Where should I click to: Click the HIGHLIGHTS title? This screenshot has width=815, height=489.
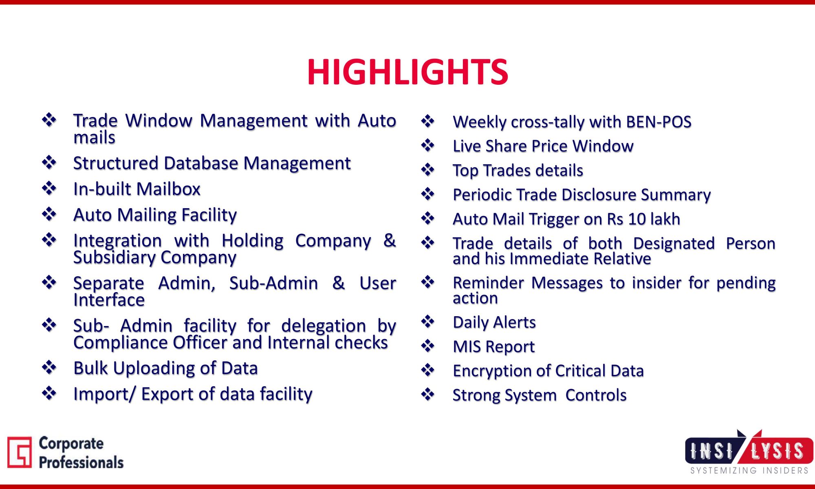click(x=407, y=72)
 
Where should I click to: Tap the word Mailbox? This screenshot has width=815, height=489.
click(x=168, y=189)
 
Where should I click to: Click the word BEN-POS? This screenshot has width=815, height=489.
click(x=659, y=122)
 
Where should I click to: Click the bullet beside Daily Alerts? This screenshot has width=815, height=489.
click(x=428, y=322)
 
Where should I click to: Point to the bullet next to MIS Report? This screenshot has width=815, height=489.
click(x=428, y=346)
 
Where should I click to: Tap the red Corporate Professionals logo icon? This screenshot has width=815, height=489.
click(x=19, y=452)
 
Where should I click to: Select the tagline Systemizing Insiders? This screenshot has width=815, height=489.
click(x=749, y=471)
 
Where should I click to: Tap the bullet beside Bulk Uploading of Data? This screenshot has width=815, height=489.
click(x=49, y=367)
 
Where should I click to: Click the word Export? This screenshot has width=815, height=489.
click(x=167, y=394)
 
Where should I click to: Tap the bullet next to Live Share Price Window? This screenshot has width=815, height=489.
click(x=428, y=145)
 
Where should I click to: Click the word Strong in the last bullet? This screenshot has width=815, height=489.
click(x=476, y=396)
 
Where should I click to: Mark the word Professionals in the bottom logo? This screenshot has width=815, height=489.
click(x=81, y=463)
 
